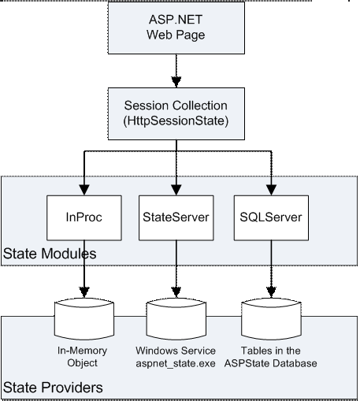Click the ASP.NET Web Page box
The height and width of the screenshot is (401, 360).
[176, 28]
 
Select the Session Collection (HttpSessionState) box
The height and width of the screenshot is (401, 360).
[176, 113]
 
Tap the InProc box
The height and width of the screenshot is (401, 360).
[84, 217]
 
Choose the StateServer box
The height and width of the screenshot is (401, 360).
[176, 217]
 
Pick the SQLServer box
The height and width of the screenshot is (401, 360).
[271, 217]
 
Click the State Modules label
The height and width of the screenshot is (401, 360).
[50, 254]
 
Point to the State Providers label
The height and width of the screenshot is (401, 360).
[53, 388]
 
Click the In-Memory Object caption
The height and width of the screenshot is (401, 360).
[82, 357]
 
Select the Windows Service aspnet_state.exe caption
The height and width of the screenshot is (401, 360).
[176, 357]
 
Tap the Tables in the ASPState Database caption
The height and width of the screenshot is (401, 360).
[271, 357]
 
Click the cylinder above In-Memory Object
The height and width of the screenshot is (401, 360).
[84, 319]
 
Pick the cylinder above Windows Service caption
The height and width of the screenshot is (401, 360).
[176, 319]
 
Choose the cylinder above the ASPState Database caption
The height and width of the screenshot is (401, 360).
[271, 319]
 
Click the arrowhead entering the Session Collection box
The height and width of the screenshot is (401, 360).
[176, 82]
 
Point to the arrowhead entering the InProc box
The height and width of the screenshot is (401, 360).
[84, 190]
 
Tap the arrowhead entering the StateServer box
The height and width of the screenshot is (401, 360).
[176, 190]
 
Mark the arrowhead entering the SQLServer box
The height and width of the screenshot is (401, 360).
[271, 190]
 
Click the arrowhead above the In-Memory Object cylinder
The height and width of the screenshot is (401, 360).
[84, 292]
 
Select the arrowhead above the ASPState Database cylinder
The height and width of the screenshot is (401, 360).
[271, 292]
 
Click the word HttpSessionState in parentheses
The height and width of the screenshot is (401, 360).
[176, 121]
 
